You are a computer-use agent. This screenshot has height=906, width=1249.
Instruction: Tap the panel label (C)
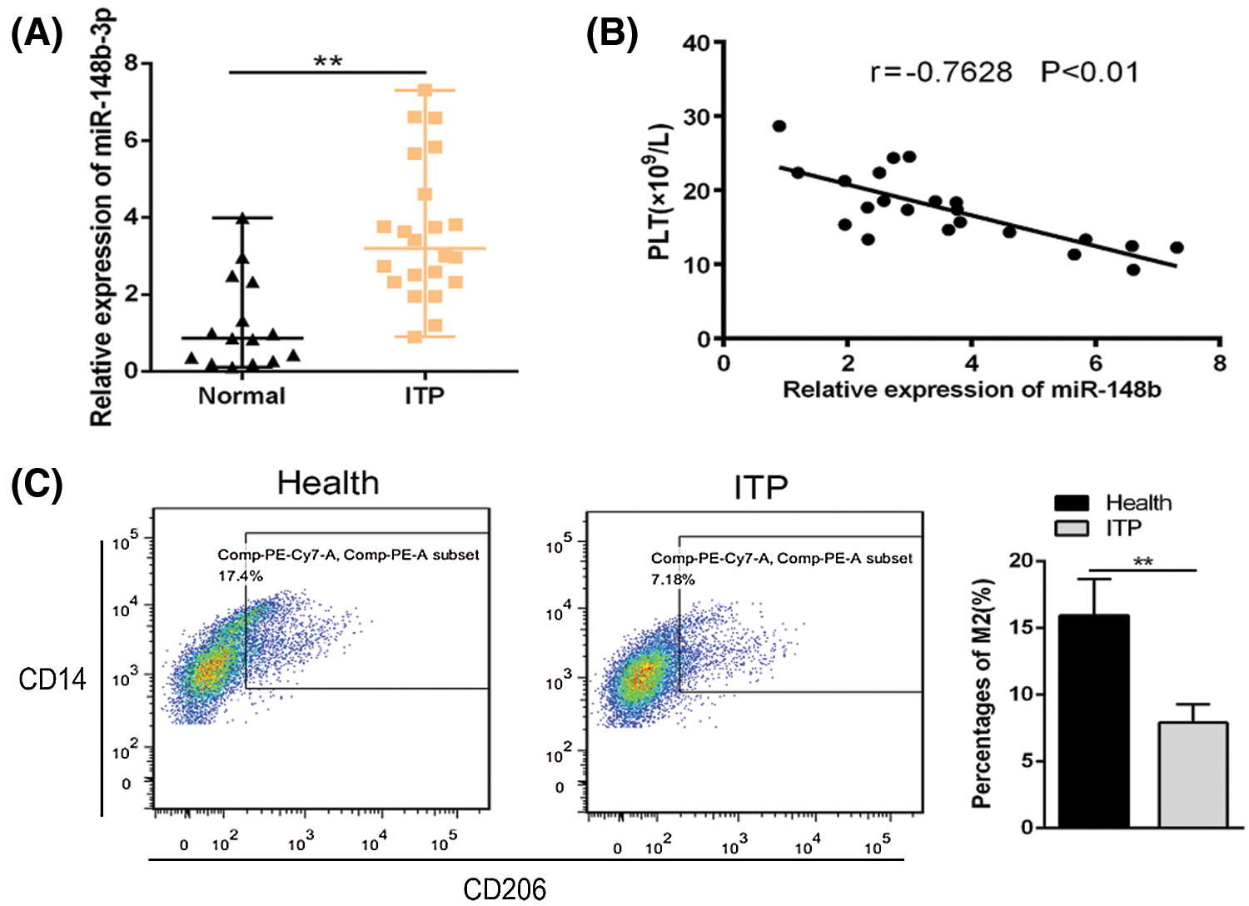pos(36,485)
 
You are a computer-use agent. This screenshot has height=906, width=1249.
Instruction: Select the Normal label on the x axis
pos(241,396)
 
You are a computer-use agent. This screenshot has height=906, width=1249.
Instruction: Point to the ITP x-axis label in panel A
pos(425,396)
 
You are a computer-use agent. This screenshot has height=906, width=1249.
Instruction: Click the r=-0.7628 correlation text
pos(941,72)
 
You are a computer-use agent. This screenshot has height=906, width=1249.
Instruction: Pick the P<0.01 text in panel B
pos(1089,72)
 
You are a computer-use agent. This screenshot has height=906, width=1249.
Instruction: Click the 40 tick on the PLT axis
pos(697,42)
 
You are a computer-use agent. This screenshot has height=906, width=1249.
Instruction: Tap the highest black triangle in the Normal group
pos(242,218)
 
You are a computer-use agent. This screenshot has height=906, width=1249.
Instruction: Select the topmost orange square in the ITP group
pos(425,90)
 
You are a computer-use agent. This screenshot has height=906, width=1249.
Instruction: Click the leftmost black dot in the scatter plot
pos(779,127)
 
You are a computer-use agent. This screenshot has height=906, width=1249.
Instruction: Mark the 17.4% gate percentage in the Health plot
pos(241,575)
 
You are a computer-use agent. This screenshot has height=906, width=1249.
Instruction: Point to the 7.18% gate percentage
pos(673,579)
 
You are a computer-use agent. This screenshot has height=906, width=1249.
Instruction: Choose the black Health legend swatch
pos(1072,503)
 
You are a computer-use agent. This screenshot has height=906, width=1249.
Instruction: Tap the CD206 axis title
pos(505,889)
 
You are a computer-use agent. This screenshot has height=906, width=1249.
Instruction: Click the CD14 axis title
pos(52,679)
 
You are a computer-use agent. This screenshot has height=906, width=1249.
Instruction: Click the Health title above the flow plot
pos(328,484)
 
